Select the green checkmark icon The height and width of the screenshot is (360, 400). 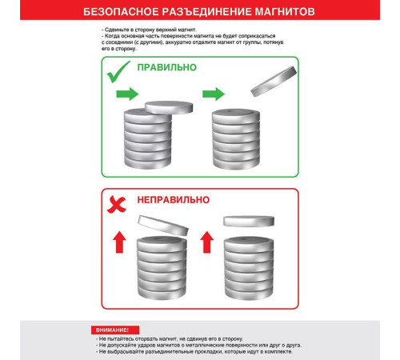[118, 72]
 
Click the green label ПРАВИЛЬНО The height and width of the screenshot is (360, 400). [167, 67]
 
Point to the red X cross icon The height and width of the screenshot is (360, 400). [117, 204]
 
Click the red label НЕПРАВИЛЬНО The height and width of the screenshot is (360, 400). [174, 200]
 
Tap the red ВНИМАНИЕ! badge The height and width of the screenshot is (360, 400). [115, 330]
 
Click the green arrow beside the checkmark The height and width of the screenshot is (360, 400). [127, 94]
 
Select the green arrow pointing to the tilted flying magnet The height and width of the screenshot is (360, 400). [214, 94]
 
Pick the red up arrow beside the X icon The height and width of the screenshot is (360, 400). [119, 242]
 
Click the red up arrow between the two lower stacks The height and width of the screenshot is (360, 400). [207, 242]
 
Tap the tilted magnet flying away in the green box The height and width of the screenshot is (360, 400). [274, 82]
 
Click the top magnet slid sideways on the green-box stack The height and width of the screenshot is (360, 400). [169, 107]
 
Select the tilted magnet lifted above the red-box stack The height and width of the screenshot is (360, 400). [163, 226]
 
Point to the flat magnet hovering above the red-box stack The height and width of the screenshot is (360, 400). [249, 221]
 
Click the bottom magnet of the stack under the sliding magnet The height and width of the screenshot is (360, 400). [148, 162]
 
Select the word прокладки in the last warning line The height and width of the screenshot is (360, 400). [210, 352]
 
